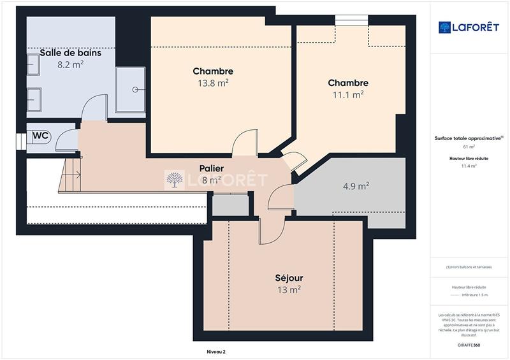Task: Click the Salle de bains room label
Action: point(70,53)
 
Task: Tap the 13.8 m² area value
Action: point(214,82)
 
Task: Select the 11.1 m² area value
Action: point(348,94)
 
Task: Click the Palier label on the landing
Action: point(210,168)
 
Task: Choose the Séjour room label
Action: point(289,278)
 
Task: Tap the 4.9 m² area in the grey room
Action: point(356,186)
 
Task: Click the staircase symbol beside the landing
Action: point(70,175)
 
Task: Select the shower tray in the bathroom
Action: point(129,90)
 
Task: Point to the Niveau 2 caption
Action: point(216,352)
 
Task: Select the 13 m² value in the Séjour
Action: point(289,290)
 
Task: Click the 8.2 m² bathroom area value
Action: point(70,64)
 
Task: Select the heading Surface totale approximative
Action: point(467,138)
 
